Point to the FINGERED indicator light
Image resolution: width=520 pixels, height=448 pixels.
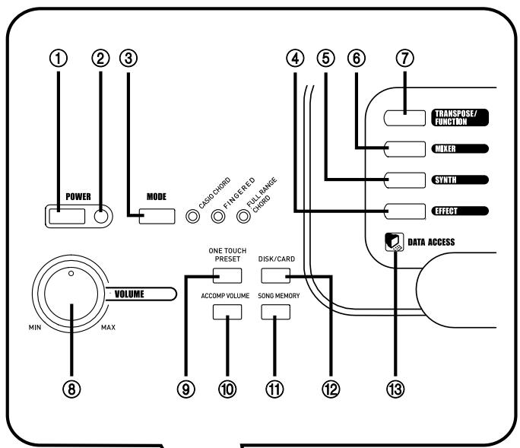point(218,216)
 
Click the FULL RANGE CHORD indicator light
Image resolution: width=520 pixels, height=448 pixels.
point(243,216)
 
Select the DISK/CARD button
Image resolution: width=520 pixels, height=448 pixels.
point(276,275)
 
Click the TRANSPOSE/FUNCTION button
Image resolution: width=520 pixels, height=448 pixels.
point(405,116)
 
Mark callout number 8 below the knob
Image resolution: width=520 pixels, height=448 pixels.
point(71,389)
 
